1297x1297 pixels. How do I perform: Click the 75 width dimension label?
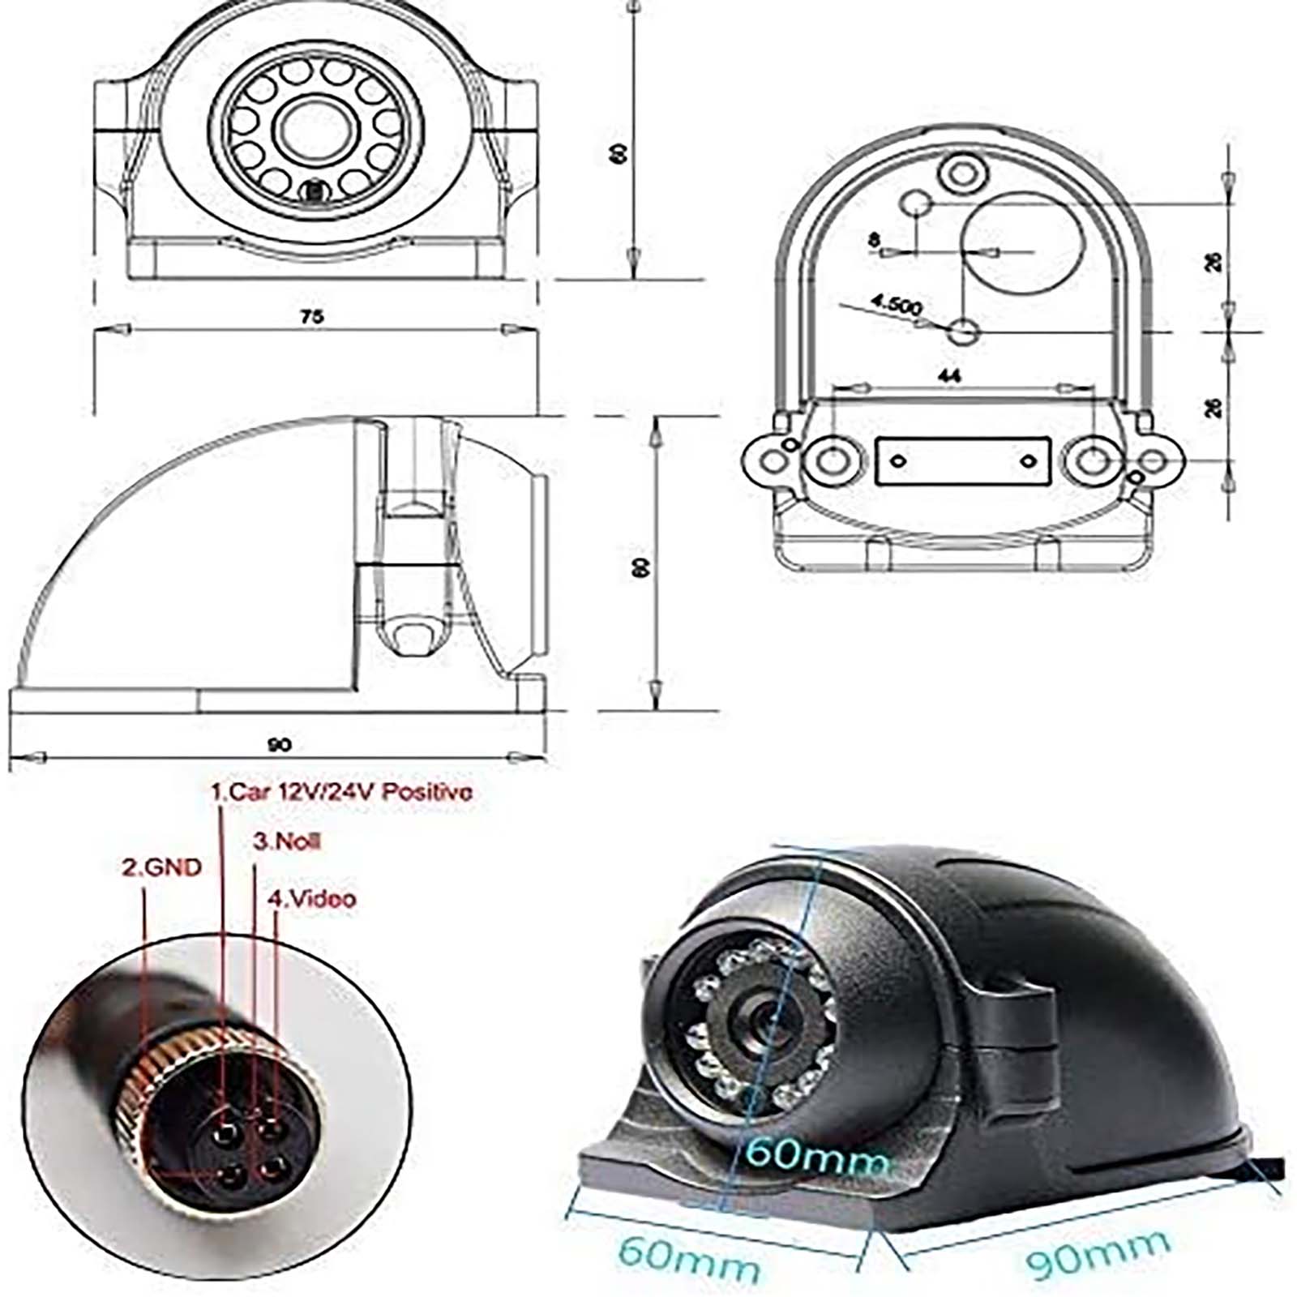pos(312,316)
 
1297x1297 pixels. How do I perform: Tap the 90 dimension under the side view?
pos(278,744)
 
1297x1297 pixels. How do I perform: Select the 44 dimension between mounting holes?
pos(948,375)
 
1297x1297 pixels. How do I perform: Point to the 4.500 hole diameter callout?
pos(897,305)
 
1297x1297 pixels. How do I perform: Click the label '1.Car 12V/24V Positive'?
pos(341,791)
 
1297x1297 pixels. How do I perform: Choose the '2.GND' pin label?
pos(161,867)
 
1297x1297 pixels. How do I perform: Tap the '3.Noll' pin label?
pos(287,841)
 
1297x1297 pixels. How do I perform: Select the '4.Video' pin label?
pos(312,898)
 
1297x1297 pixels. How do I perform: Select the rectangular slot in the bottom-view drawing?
pos(963,461)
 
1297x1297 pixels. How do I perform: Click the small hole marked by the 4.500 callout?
pos(964,331)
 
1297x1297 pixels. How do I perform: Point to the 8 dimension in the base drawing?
pos(873,240)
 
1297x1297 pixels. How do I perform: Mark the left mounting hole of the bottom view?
pos(831,461)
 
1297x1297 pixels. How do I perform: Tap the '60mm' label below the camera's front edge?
pos(688,1256)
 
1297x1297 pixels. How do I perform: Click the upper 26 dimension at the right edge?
pos(1213,262)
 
